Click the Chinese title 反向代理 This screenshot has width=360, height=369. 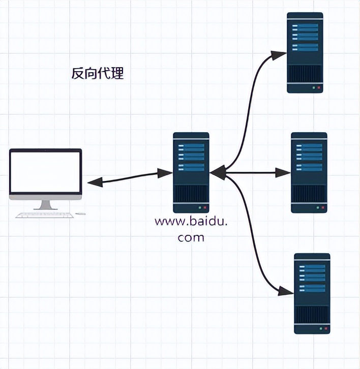(97, 74)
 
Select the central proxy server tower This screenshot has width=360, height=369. (191, 172)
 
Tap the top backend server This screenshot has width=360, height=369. (305, 52)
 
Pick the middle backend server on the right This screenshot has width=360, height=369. (309, 172)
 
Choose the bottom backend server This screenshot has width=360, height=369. (312, 293)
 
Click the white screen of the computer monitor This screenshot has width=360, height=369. (46, 172)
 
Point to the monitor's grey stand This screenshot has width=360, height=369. (46, 204)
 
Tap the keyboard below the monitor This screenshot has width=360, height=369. (45, 215)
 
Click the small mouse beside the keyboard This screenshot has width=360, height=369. (80, 214)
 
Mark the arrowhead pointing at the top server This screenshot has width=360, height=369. (279, 53)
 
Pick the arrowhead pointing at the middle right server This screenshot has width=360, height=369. (283, 173)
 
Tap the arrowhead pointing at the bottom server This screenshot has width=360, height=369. (287, 291)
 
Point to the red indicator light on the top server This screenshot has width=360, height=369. (319, 88)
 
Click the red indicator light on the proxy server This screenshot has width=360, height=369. (205, 208)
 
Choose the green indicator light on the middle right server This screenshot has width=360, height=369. (318, 208)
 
